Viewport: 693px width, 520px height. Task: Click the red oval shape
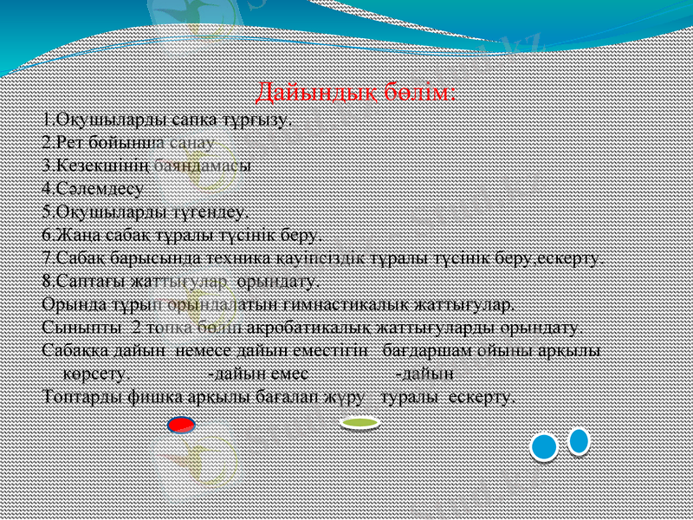click(181, 425)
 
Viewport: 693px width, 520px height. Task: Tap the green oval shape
click(359, 423)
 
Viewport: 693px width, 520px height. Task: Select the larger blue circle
click(544, 446)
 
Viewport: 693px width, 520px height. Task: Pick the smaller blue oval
click(579, 441)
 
